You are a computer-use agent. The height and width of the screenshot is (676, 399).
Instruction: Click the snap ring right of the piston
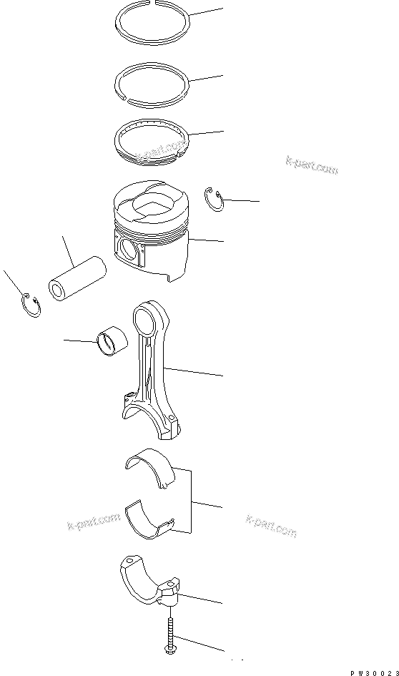(x=215, y=200)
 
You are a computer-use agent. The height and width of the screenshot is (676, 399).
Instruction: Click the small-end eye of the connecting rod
(x=147, y=315)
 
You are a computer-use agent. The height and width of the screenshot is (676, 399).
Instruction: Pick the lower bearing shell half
(x=150, y=519)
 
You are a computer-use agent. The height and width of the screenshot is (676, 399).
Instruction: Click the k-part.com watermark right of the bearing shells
(x=270, y=525)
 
